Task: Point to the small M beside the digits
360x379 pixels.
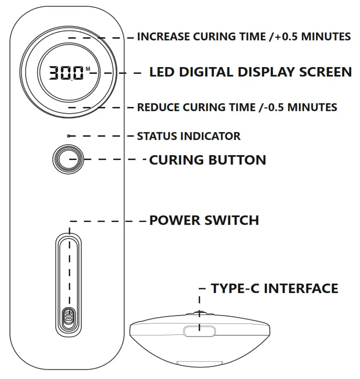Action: [88, 69]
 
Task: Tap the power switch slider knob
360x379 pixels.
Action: [68, 317]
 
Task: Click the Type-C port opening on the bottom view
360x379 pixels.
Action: [199, 331]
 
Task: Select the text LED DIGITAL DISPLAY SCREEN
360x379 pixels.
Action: [250, 72]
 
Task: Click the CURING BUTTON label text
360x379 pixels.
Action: [208, 160]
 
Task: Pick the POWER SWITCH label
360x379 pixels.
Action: [204, 220]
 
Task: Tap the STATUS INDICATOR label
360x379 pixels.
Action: [189, 136]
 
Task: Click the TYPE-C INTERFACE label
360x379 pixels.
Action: [274, 288]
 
